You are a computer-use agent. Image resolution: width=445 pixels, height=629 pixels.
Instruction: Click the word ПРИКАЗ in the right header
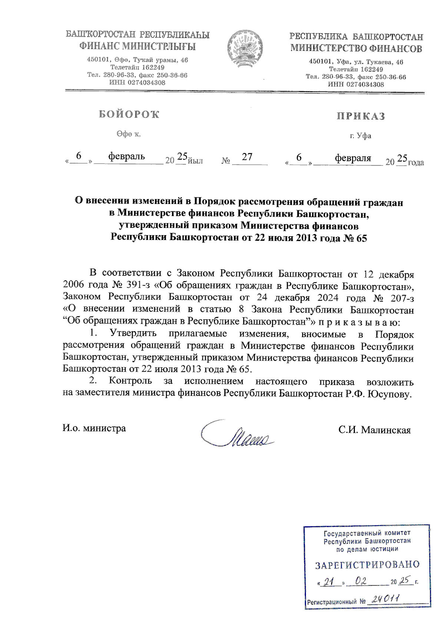(x=360, y=116)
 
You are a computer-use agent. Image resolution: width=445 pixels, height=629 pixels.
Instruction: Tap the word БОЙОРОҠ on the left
(x=129, y=115)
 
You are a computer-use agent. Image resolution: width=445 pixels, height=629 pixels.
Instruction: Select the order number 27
(x=247, y=157)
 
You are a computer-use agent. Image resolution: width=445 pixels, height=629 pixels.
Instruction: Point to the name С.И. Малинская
(x=374, y=430)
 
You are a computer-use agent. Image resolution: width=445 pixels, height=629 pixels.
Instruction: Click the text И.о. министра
(x=94, y=428)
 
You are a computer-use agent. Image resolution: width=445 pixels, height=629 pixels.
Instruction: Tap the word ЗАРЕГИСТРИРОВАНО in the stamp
(x=367, y=565)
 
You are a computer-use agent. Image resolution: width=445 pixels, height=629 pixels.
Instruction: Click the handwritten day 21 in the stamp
(x=328, y=582)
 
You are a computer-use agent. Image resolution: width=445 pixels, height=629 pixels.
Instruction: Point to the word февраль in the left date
(x=126, y=157)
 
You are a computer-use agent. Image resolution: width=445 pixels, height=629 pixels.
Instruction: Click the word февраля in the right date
(x=353, y=158)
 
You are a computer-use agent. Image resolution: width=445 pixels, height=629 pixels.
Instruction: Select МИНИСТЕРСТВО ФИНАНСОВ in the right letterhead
(x=356, y=49)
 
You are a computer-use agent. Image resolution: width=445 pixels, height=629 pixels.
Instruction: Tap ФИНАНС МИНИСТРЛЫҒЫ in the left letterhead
(x=137, y=47)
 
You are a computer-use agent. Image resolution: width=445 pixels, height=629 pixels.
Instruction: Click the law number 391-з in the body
(x=134, y=286)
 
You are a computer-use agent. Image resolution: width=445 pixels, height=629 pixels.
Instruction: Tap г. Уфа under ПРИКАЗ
(x=360, y=136)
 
